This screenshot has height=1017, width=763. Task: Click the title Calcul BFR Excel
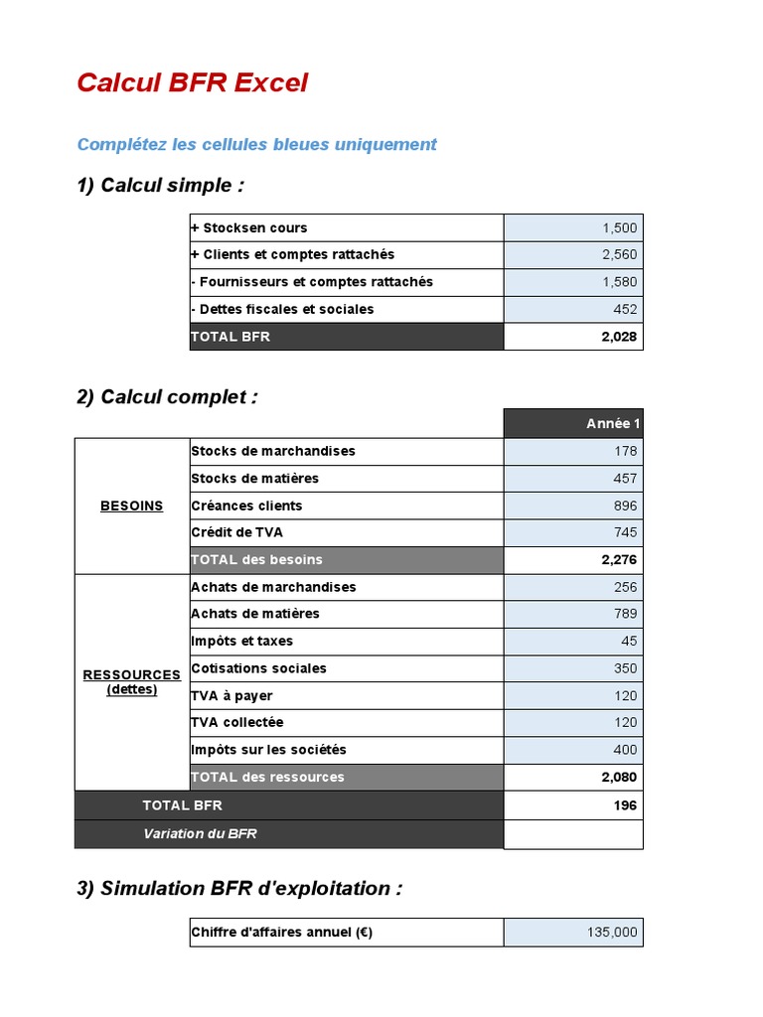tap(192, 83)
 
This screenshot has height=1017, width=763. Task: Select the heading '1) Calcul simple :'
tap(160, 186)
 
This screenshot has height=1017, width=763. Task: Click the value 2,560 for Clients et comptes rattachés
tap(619, 255)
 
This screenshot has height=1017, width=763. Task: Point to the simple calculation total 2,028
tap(619, 337)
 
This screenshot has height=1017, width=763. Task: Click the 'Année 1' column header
tap(613, 424)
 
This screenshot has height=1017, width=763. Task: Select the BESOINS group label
tap(131, 506)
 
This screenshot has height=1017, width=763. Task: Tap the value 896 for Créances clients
tap(625, 506)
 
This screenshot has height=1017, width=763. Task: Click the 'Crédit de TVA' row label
tap(236, 532)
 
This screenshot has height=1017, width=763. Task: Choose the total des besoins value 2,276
tap(619, 560)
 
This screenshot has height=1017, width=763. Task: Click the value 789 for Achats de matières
tap(625, 614)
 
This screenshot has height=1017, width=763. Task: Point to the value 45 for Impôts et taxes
tap(629, 642)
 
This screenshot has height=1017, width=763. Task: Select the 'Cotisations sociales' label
tap(258, 668)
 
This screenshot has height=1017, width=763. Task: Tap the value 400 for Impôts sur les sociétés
tap(625, 750)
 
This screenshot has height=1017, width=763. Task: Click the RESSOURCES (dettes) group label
tap(131, 681)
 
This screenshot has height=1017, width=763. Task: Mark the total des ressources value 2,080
tap(619, 778)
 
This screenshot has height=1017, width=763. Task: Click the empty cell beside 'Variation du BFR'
tap(573, 833)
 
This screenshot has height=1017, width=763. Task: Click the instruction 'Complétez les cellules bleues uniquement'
tap(256, 144)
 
